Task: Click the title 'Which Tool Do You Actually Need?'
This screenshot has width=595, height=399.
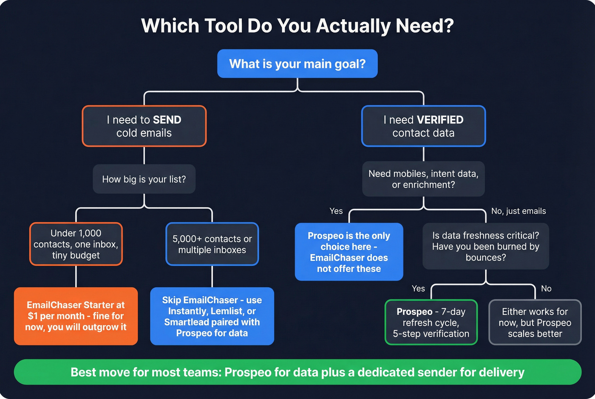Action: point(297,26)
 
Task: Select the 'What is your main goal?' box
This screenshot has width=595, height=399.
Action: point(297,64)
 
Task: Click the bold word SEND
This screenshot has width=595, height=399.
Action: point(167,120)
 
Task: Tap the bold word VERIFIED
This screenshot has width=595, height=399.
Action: point(440,120)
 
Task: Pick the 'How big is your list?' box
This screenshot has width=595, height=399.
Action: point(144,179)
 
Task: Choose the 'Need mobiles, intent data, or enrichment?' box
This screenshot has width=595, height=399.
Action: point(423,179)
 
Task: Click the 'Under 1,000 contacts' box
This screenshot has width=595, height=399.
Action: point(76,244)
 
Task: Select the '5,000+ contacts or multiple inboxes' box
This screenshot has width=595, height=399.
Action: point(212,244)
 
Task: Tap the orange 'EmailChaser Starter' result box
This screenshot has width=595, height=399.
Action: point(76,316)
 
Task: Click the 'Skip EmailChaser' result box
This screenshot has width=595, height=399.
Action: point(212,316)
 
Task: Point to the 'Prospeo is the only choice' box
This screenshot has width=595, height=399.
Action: point(349,252)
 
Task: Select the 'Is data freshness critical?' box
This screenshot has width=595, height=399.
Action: point(486,246)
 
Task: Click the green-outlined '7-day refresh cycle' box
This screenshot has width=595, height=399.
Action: point(431,323)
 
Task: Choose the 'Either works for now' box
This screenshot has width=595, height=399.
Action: point(535,323)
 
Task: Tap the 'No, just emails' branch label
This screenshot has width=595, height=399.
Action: point(518,211)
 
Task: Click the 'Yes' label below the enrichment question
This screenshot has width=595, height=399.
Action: point(336,211)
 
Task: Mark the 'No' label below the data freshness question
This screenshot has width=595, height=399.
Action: point(546,289)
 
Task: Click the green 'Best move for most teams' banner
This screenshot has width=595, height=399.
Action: point(297,372)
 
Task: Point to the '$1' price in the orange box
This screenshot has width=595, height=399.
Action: point(33,316)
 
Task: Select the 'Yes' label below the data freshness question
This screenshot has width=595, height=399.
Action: point(418,289)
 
